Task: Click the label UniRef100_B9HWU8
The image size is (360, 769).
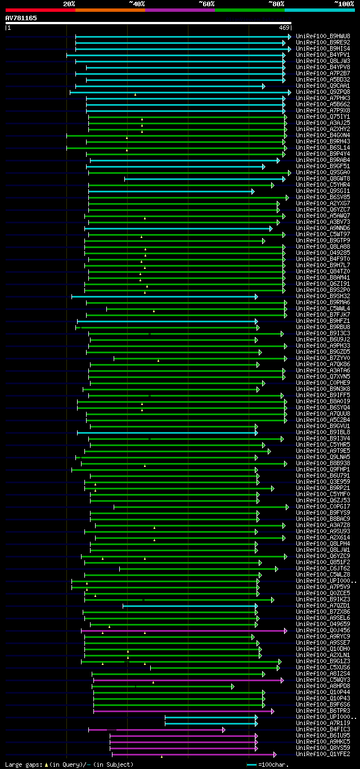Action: [x=323, y=36]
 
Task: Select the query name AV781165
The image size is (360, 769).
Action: [x=21, y=18]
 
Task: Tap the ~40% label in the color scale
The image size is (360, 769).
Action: [x=137, y=3]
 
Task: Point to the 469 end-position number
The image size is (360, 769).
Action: [x=283, y=28]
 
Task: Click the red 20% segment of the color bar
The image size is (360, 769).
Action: [x=40, y=10]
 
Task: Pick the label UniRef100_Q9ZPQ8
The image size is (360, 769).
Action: [x=323, y=92]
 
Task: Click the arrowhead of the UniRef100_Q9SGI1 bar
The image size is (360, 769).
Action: [x=253, y=191]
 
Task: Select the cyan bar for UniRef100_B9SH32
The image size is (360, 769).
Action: [x=163, y=296]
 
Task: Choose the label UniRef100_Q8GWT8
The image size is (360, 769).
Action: [x=323, y=178]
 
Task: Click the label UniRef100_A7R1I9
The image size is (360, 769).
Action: [x=323, y=723]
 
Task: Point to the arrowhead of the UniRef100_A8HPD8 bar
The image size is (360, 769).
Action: [x=232, y=686]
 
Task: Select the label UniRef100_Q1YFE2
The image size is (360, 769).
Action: [x=323, y=754]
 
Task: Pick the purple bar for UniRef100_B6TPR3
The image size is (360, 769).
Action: [x=183, y=711]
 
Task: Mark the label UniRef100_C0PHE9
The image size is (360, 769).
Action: [x=323, y=383]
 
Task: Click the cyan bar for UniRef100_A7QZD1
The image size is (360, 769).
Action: [x=189, y=606]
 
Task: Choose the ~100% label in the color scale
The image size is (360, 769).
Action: [x=344, y=3]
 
